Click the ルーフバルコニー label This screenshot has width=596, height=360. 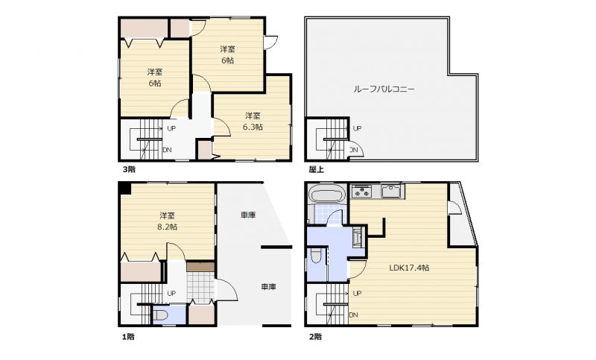click(384, 89)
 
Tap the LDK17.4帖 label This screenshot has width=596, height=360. click(409, 268)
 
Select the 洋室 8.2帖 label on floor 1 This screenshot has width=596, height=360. click(167, 221)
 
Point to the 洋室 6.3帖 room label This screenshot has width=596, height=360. click(253, 121)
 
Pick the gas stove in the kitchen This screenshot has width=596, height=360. click(361, 192)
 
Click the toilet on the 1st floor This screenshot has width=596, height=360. click(161, 315)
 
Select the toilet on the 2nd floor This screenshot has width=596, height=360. click(316, 256)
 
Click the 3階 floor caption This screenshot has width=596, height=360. click(129, 169)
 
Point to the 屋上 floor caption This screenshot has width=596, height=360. click(316, 169)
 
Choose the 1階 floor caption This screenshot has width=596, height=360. click(128, 336)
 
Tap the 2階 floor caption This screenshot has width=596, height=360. click(315, 336)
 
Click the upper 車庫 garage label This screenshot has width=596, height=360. click(248, 215)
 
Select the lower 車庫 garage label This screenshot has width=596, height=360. click(268, 287)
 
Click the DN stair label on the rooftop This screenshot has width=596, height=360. click(353, 150)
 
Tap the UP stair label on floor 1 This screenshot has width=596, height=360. click(171, 294)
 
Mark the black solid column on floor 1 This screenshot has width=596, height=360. click(124, 189)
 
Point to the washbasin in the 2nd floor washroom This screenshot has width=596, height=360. click(358, 238)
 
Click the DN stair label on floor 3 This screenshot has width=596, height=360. click(167, 150)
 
